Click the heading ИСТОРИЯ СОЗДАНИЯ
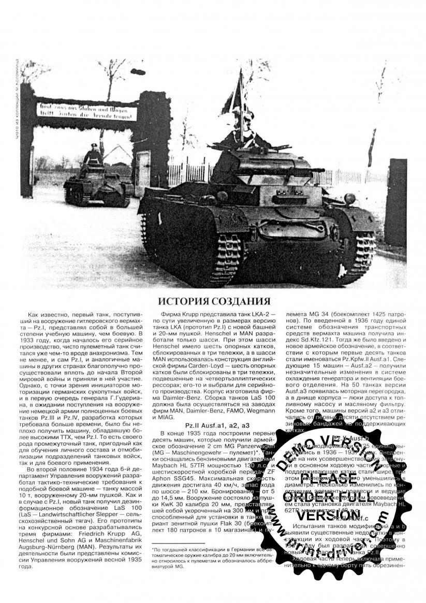[214, 301]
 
